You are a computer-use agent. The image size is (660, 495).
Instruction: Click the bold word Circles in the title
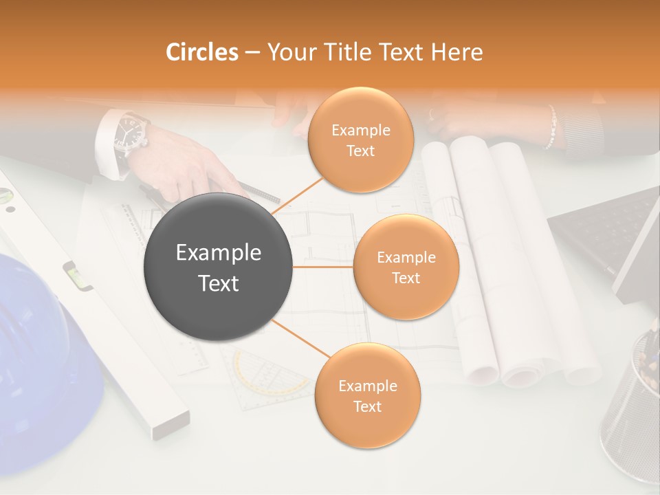(201, 52)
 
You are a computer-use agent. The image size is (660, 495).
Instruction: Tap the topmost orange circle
(360, 140)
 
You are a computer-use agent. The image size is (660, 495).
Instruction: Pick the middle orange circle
(406, 267)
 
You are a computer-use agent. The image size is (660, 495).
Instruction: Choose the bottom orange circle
(367, 395)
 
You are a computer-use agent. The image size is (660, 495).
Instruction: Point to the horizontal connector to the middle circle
(323, 267)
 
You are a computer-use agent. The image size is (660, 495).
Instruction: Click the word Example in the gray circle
(219, 253)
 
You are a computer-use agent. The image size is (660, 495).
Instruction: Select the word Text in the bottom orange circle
(367, 406)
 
